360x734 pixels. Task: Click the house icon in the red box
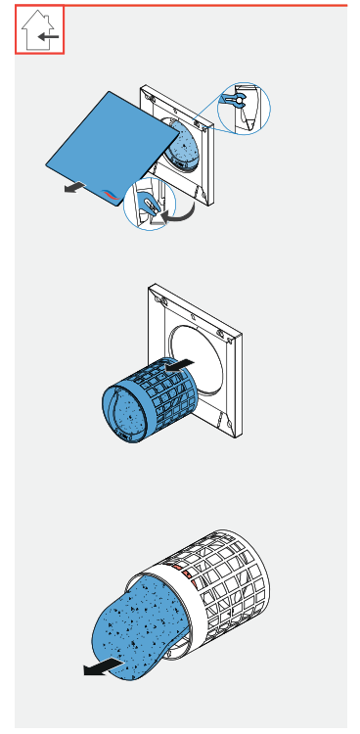(x=40, y=30)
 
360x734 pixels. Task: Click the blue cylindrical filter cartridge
(x=147, y=401)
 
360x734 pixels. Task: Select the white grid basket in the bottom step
(x=230, y=577)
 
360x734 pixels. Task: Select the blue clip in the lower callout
(x=149, y=205)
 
